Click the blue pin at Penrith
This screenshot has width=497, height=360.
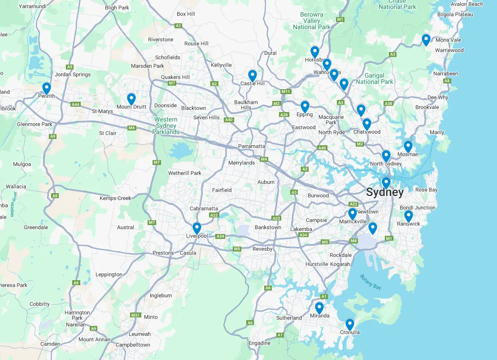click(x=46, y=88)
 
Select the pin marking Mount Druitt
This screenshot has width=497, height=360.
click(x=131, y=98)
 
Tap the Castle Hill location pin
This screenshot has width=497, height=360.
click(x=252, y=75)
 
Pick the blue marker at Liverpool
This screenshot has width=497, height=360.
click(x=196, y=228)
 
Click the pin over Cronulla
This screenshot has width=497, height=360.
click(x=349, y=324)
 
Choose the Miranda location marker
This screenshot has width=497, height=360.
click(x=319, y=308)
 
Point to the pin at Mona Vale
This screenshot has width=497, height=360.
click(x=426, y=39)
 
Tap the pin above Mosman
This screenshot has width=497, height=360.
click(x=408, y=146)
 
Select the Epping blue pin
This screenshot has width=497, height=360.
click(x=305, y=106)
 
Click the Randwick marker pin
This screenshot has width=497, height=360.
click(x=408, y=216)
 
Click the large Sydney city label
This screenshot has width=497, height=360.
click(x=385, y=193)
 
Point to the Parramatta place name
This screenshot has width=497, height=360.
click(x=251, y=146)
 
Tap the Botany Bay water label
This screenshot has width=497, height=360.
click(x=371, y=282)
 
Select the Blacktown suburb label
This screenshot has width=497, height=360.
click(x=194, y=108)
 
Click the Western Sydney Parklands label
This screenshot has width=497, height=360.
click(x=166, y=126)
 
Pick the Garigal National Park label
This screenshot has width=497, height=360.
click(x=375, y=78)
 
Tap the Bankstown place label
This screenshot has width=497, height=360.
click(x=268, y=227)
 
